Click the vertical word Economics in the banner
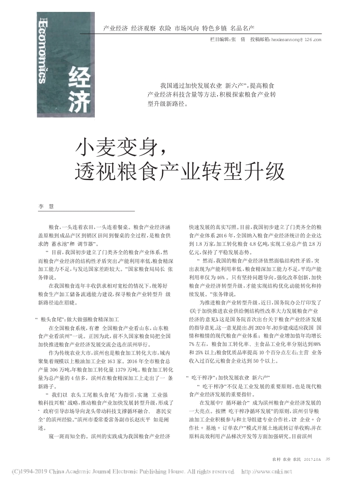[x=44, y=51]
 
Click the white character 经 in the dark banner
[x=80, y=79]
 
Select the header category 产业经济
[x=115, y=28]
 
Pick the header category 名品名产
[x=242, y=28]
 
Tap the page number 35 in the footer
[x=327, y=459]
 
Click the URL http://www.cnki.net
[x=267, y=471]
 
